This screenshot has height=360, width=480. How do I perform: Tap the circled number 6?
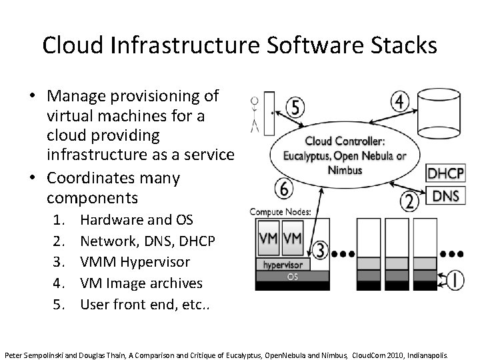[x=284, y=189]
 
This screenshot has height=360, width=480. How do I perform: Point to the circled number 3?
[x=321, y=250]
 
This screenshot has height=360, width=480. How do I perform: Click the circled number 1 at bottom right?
[x=455, y=280]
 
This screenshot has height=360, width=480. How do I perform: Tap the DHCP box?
[x=445, y=174]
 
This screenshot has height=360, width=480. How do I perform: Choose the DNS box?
[x=445, y=196]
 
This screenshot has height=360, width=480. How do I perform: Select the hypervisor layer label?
[x=282, y=264]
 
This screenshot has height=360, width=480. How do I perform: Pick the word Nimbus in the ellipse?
[x=345, y=169]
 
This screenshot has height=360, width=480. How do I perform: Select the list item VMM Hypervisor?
[x=135, y=262]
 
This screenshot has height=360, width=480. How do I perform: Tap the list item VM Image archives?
[x=141, y=283]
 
